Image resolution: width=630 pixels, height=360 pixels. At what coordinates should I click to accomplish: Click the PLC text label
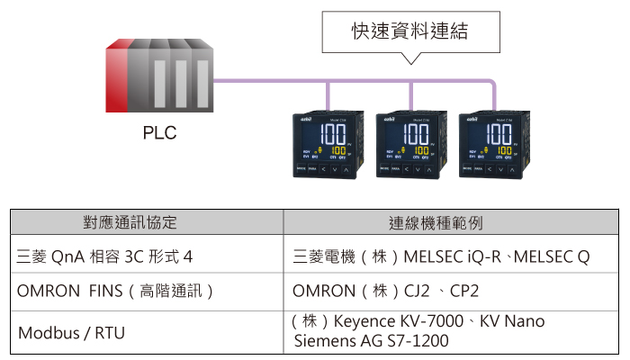[160, 134]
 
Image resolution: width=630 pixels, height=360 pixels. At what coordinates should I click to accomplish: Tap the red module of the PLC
[116, 76]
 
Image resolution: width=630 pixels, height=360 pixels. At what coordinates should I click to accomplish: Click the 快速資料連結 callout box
[409, 34]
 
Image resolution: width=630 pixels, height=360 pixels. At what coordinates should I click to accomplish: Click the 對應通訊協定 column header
[148, 222]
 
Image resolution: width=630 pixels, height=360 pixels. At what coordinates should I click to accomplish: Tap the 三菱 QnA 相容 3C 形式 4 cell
[106, 256]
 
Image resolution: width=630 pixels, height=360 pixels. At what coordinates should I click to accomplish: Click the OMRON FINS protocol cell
[116, 292]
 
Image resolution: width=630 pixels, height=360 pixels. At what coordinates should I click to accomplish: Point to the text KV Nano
[511, 321]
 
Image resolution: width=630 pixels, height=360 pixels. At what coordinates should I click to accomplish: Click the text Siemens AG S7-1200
[371, 341]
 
